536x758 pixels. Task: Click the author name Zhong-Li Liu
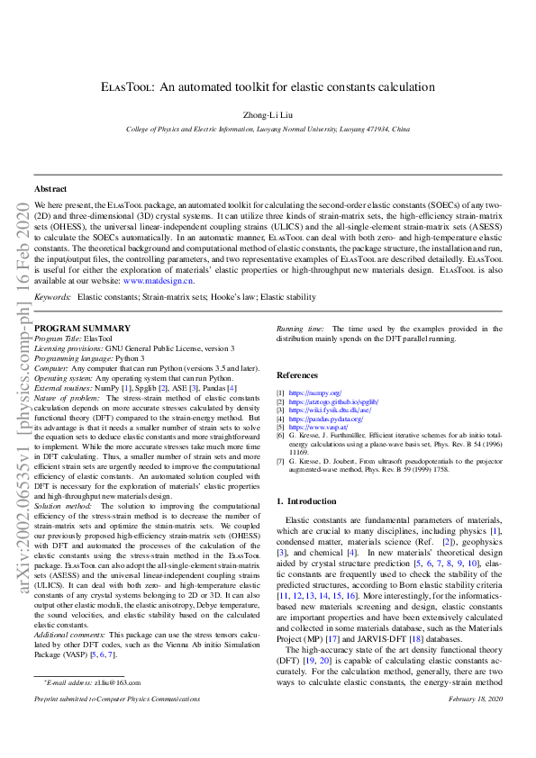(268, 115)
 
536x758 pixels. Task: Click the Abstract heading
(50, 189)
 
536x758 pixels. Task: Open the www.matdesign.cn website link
(158, 281)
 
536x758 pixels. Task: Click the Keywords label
(52, 296)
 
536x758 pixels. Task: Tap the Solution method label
(64, 482)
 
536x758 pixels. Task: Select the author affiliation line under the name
(268, 130)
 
